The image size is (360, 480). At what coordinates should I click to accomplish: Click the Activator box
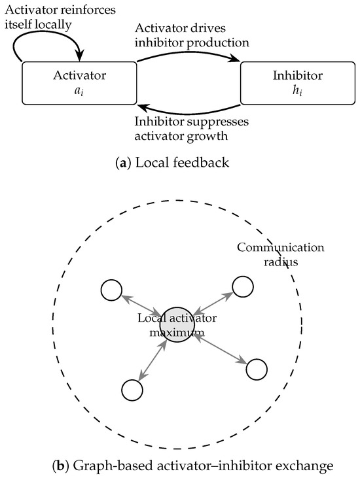click(79, 83)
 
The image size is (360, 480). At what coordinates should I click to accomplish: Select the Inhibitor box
click(298, 83)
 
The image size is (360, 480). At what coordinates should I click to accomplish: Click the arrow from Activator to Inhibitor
click(189, 53)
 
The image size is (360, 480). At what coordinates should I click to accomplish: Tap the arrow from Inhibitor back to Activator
click(189, 113)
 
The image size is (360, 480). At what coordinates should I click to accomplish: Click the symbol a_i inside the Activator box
click(79, 91)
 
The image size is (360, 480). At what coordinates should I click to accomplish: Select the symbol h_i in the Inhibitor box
click(297, 91)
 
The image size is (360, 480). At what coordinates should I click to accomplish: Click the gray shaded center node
click(177, 325)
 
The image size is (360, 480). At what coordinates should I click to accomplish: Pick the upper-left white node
click(111, 290)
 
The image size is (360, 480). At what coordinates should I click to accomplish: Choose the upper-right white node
click(243, 286)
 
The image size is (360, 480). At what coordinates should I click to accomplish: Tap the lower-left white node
click(132, 390)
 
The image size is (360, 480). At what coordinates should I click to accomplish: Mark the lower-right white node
click(257, 369)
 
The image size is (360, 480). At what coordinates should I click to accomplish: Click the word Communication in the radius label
click(281, 247)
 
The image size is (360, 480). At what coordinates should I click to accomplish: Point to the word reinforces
click(87, 10)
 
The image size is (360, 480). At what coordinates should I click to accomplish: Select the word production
click(218, 43)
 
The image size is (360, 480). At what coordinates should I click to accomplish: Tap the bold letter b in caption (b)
click(61, 466)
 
